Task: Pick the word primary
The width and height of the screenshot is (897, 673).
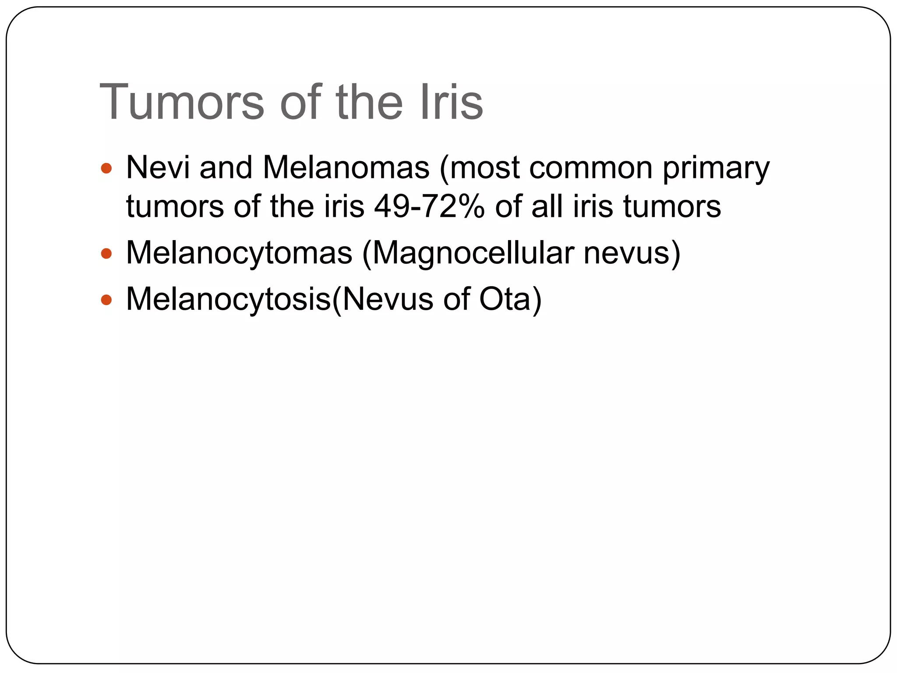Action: point(716,169)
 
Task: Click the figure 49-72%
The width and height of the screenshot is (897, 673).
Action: point(429,206)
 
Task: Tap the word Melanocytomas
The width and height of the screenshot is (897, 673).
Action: point(239,253)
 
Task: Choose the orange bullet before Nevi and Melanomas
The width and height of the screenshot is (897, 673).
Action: point(106,168)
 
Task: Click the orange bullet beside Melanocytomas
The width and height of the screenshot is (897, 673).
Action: point(106,253)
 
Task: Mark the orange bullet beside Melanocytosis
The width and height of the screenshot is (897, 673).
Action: point(106,300)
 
